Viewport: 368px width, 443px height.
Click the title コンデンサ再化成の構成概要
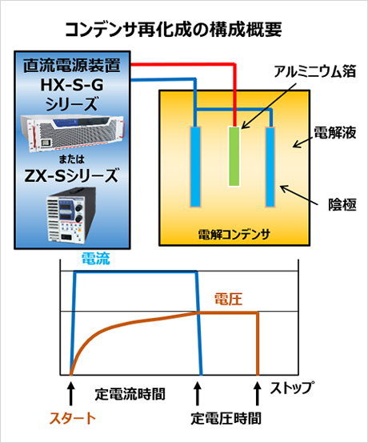(174, 30)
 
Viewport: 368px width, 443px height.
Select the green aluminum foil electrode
(234, 156)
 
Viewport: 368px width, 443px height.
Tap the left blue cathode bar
(195, 167)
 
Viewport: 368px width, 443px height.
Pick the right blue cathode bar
(270, 167)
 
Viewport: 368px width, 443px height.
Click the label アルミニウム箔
(315, 71)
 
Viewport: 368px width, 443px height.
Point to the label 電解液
(335, 133)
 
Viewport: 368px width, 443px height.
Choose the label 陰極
(342, 204)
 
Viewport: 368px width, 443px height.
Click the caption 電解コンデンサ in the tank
(234, 234)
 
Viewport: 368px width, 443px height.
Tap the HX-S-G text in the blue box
(72, 84)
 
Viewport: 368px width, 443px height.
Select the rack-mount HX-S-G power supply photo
(72, 133)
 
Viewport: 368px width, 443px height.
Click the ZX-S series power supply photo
(71, 215)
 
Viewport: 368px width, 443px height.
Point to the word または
(72, 159)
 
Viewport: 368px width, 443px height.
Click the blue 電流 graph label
(96, 259)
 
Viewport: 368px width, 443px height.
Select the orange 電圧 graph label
(228, 299)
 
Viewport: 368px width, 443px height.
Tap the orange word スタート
(73, 418)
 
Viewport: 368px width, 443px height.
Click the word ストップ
(292, 388)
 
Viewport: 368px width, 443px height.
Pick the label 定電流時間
(130, 394)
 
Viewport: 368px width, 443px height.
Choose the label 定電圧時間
(226, 418)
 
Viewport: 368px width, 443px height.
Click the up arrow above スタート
(71, 393)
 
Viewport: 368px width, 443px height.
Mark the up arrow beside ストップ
(258, 393)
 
